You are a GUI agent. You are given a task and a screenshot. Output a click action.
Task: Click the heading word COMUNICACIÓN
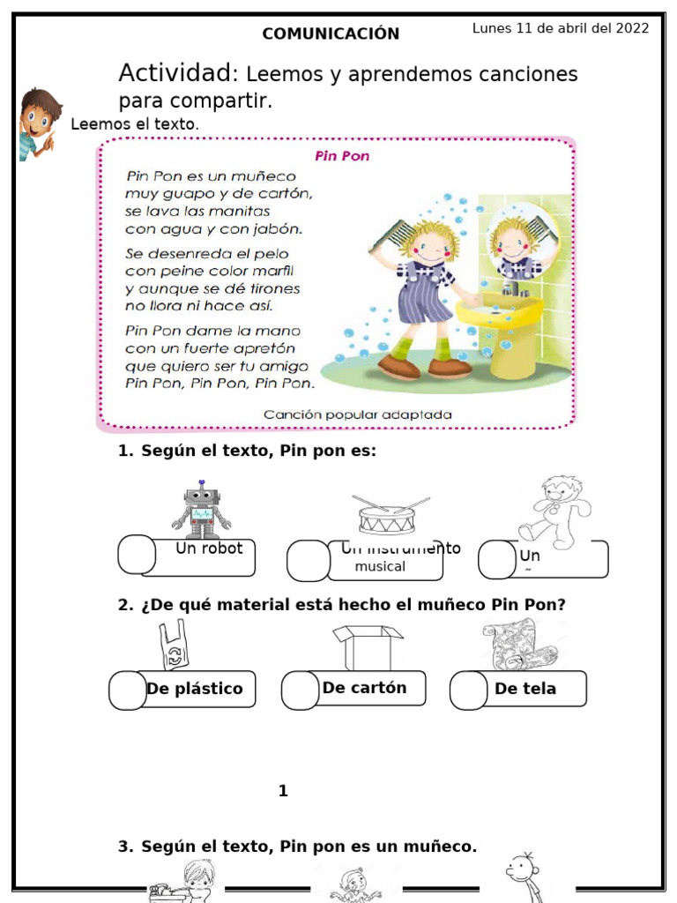(331, 34)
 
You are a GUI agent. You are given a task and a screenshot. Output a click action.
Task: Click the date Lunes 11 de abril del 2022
(561, 28)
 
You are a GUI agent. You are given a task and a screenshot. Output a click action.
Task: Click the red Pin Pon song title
(342, 156)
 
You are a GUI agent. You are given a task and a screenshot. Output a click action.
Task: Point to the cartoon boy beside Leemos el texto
(37, 123)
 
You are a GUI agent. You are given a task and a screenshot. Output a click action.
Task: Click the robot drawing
(201, 510)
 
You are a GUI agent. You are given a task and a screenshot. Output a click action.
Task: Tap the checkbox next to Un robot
(137, 554)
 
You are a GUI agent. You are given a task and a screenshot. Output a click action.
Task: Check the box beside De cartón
(301, 690)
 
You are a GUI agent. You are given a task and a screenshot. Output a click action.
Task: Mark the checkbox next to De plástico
(129, 690)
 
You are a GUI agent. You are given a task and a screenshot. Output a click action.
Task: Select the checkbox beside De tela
(468, 690)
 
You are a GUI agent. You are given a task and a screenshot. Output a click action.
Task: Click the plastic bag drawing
(173, 646)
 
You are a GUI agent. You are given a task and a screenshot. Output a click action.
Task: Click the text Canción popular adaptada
(357, 414)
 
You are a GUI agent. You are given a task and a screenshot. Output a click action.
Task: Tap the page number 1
(283, 791)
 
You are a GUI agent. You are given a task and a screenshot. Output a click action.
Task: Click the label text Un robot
(209, 549)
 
